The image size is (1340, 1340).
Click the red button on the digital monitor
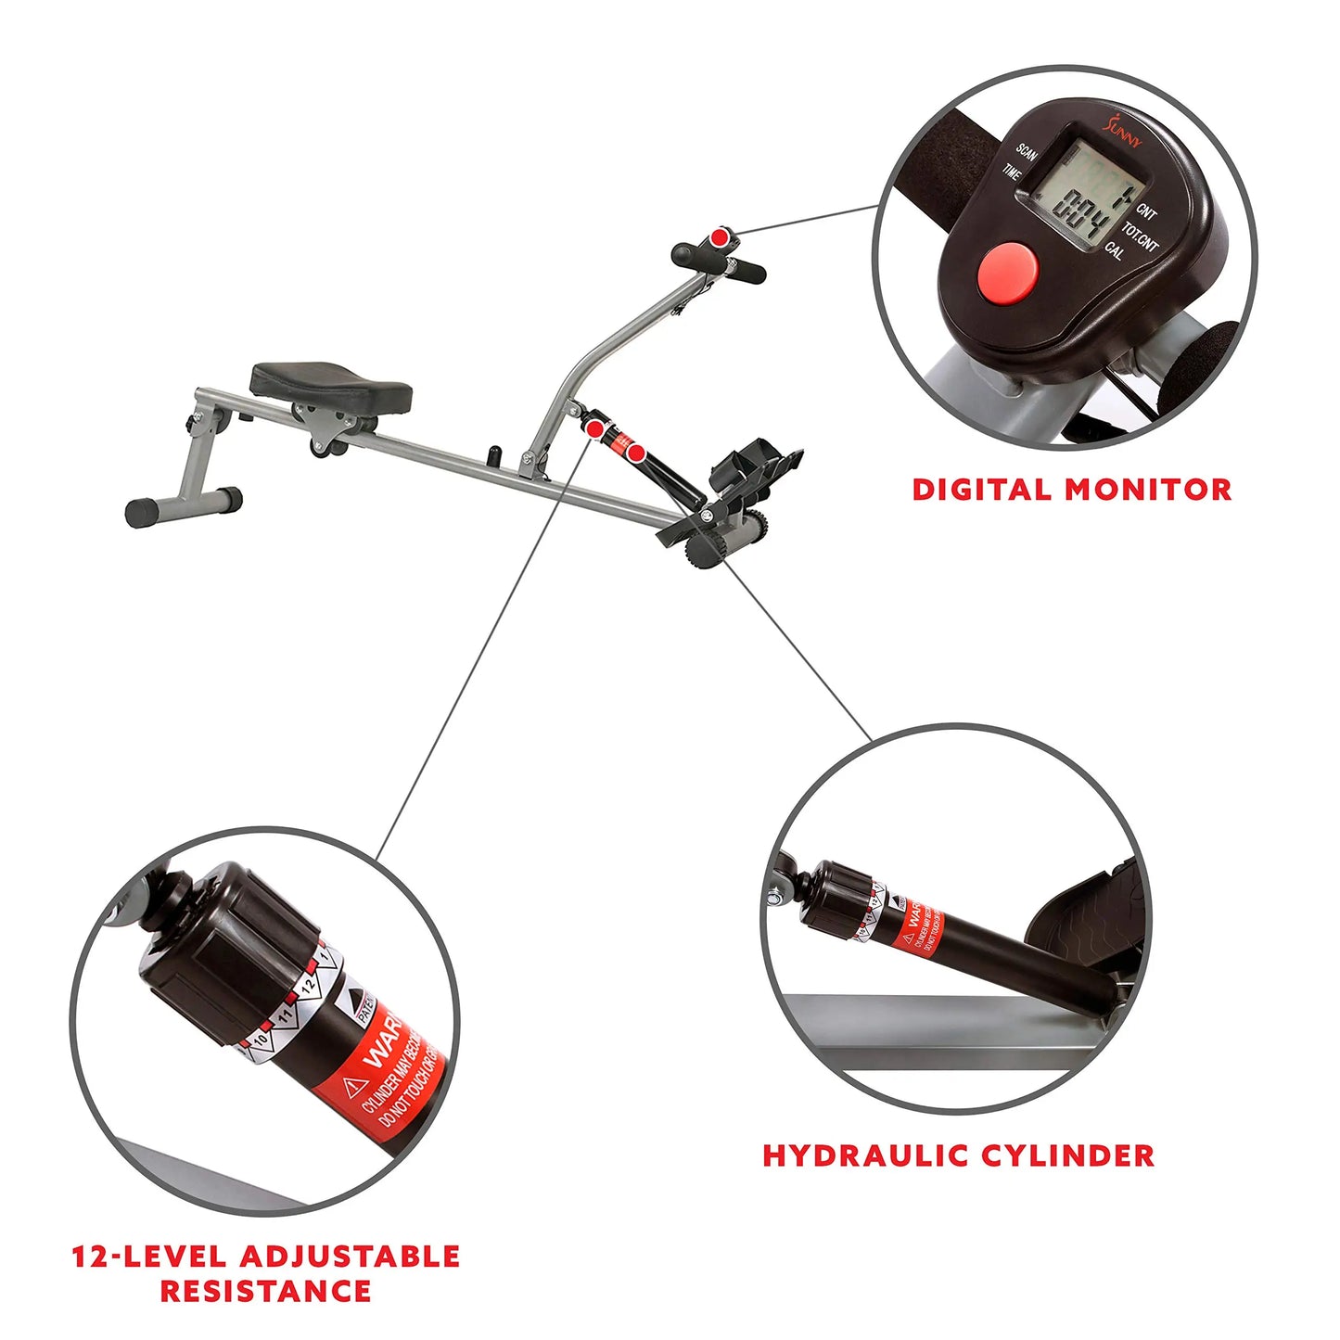(1006, 269)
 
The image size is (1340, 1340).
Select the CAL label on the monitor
(1115, 250)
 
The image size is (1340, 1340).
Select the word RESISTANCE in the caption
(266, 1291)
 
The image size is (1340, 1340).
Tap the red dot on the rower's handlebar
(719, 237)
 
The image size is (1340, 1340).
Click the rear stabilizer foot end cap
(142, 513)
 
